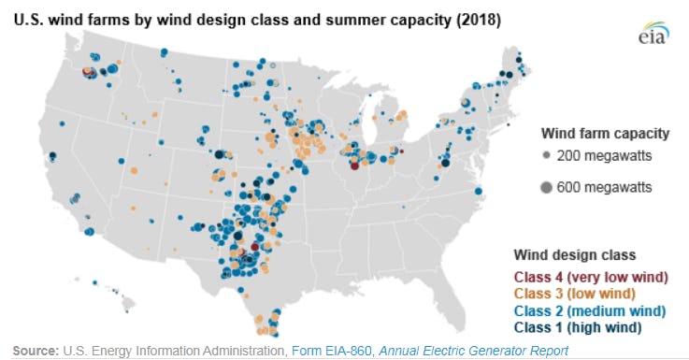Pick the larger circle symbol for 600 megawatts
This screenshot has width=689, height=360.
point(544,188)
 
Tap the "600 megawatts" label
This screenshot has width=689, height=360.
point(604,188)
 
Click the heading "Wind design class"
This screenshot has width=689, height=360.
point(574,254)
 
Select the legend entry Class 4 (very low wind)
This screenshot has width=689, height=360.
point(590,278)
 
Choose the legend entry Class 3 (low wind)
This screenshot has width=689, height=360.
point(576,295)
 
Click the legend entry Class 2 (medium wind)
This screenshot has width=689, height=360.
point(589,311)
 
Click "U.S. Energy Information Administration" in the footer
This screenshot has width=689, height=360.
point(174,351)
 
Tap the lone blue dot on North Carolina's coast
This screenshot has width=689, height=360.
point(479,192)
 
